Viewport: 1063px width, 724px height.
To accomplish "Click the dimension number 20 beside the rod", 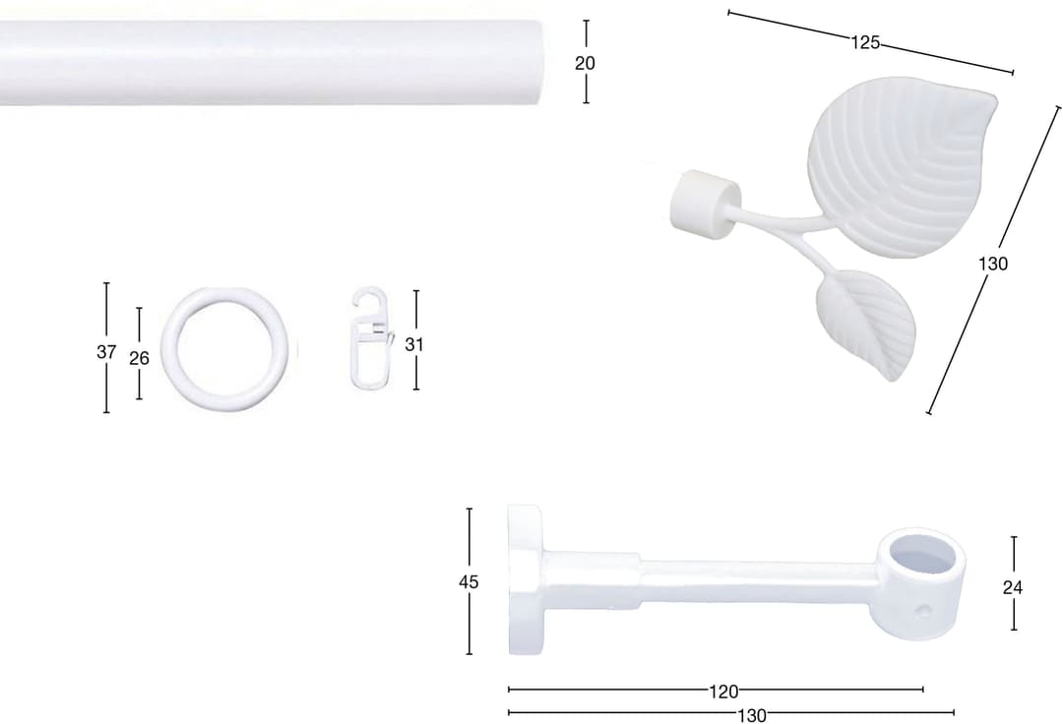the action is tap(585, 63).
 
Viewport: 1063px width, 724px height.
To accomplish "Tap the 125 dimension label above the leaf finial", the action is tap(865, 42).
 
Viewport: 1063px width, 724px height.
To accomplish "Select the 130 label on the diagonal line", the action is tap(992, 264).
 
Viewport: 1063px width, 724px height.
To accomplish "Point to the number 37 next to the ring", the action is tap(106, 352).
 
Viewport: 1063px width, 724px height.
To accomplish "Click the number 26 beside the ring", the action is tap(139, 358).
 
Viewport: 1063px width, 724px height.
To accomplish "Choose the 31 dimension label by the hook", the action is tap(414, 344).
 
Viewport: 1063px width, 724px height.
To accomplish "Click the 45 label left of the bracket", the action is tap(469, 581).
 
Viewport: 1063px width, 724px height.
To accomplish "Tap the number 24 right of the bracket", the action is tap(1012, 587).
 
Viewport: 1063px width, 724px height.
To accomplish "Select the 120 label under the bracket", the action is tap(723, 692).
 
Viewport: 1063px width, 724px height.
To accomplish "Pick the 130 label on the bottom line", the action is tap(752, 715).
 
